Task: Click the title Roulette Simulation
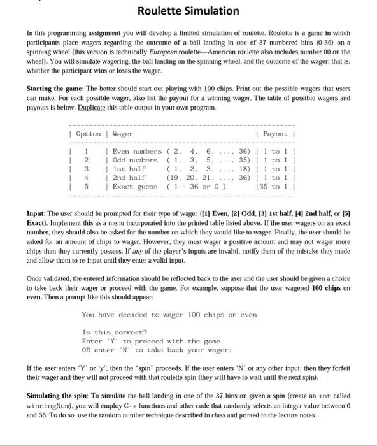pos(188,11)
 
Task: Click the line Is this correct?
pos(115,332)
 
